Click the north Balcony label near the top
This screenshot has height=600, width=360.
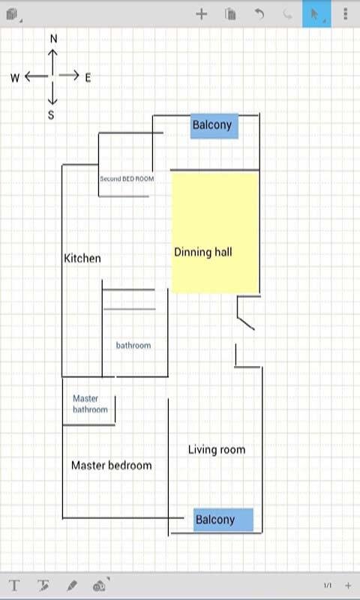(212, 125)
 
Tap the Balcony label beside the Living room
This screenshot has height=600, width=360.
(215, 520)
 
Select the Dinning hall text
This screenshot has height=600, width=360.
(203, 252)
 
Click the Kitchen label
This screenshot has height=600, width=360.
(82, 258)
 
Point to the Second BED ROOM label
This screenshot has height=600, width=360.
(127, 178)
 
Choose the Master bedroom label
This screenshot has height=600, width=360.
(112, 465)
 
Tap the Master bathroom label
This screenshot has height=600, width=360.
(90, 404)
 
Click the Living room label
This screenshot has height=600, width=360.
(217, 449)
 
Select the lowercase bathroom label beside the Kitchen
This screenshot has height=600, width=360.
(133, 346)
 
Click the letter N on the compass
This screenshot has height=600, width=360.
(53, 39)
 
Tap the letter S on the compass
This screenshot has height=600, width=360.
(51, 115)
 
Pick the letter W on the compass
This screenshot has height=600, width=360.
(15, 78)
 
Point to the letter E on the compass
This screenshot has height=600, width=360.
(88, 78)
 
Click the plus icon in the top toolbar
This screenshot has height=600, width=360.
(201, 14)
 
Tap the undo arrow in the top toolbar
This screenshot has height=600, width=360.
(259, 14)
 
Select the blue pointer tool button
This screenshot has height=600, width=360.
(316, 13)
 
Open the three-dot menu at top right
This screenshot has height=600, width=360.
(346, 13)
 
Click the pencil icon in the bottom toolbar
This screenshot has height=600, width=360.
(71, 586)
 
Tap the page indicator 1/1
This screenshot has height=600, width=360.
(328, 586)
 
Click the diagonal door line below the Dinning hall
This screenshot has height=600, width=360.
(245, 323)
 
